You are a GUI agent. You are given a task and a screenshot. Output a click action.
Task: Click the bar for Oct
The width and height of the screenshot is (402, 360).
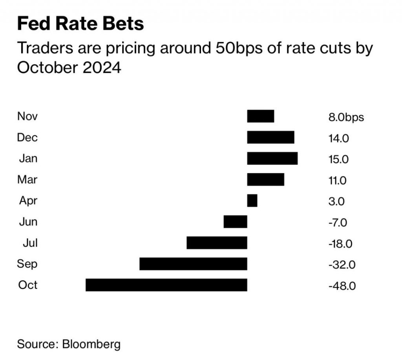click(166, 285)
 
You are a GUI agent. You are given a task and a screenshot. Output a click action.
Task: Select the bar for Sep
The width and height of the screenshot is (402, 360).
click(193, 264)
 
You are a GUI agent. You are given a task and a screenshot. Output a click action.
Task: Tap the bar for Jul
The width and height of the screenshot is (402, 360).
click(217, 243)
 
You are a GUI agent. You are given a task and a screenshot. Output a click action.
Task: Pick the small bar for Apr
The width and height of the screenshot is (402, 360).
click(252, 201)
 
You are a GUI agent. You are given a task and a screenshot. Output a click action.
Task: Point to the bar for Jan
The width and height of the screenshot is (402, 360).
click(272, 158)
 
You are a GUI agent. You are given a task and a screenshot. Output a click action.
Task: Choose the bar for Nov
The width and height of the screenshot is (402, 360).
click(260, 116)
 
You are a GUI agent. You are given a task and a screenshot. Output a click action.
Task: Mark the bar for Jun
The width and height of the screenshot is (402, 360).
click(235, 222)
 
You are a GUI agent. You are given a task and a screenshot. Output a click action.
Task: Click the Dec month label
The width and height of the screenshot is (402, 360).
click(27, 138)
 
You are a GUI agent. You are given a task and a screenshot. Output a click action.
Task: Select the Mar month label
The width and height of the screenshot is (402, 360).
click(27, 180)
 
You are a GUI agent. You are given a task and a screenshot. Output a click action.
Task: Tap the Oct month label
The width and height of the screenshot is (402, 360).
click(27, 285)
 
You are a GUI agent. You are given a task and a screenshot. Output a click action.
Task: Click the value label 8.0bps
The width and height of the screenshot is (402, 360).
click(346, 118)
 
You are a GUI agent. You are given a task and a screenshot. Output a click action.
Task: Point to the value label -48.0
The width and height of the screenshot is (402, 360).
click(342, 286)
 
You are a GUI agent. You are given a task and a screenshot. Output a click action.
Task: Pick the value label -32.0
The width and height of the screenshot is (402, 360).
click(342, 264)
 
